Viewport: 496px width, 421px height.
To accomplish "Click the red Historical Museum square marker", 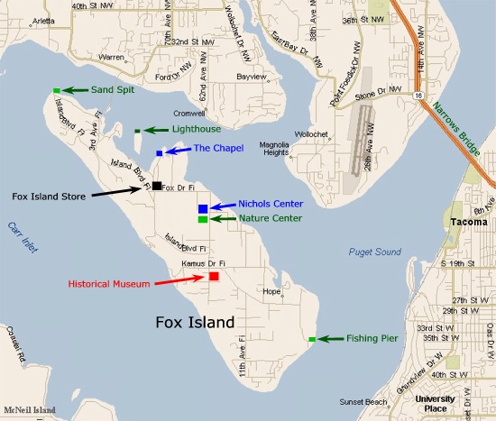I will coord(214,276).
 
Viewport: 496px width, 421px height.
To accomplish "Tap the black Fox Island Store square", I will coord(157,186).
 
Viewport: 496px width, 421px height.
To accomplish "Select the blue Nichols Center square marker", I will coord(203,209).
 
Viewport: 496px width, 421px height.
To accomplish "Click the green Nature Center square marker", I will coord(203,219).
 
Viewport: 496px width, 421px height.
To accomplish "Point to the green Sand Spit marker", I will coord(56,90).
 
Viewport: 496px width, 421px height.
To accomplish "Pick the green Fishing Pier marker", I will coord(312,339).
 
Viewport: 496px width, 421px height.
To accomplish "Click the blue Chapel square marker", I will coord(160,153).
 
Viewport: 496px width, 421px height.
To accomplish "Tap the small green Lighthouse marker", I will coord(137,132).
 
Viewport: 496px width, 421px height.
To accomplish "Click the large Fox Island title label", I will coord(195,322).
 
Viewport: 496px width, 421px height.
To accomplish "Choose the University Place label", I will coord(436,403).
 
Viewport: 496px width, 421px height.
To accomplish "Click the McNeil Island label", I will coord(29,410).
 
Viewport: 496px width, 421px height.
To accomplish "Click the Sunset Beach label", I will coord(363,401).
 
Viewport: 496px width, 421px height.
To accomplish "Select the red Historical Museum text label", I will coord(108,284).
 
